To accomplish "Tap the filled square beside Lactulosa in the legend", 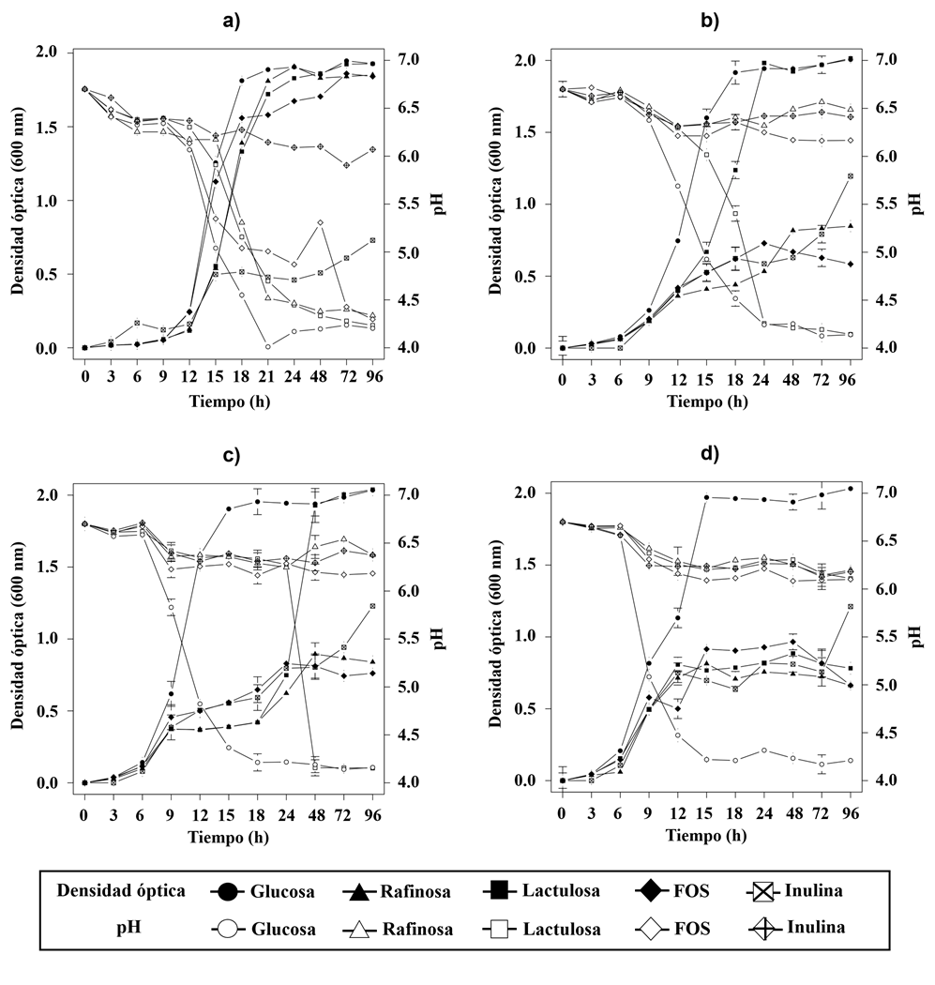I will (503, 890).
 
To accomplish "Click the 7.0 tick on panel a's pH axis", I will (404, 59).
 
